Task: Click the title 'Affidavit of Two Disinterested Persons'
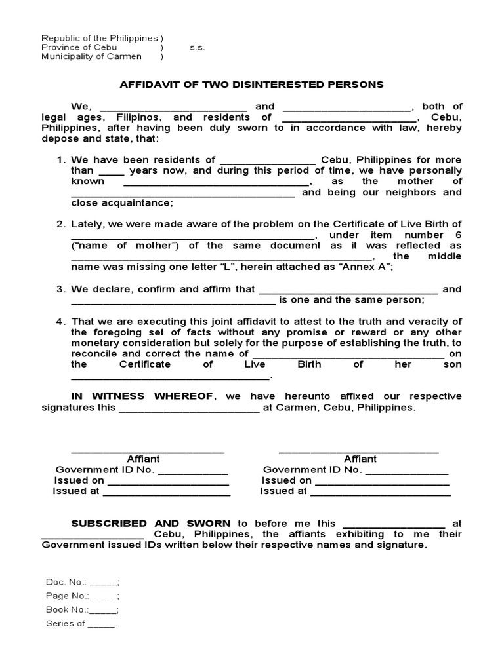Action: (x=251, y=85)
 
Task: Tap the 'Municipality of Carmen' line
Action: (x=91, y=56)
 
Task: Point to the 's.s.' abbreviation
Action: (x=198, y=47)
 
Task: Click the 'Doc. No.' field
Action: (x=103, y=582)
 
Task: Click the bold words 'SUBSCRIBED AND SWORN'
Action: (x=151, y=523)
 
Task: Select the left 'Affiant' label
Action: (x=143, y=459)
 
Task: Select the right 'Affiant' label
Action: (x=360, y=459)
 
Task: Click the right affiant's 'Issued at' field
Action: (x=380, y=491)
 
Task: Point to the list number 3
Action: (x=60, y=289)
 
